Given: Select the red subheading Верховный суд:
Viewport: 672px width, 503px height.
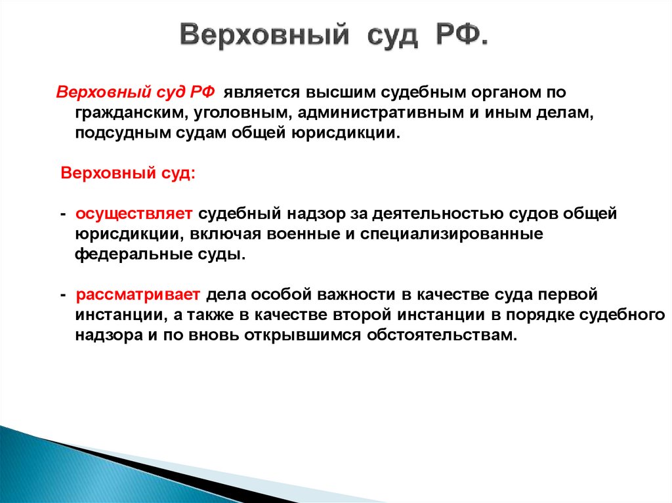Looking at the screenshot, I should point(127,174).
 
